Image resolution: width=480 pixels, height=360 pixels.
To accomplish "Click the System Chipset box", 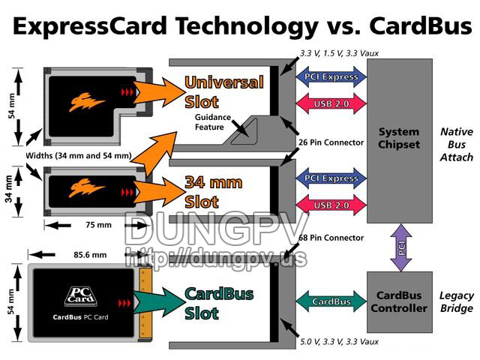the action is click(400, 141).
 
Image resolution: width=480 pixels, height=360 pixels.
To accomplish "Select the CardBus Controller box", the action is click(400, 301).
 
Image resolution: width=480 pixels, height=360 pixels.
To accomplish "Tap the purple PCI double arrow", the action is click(401, 247).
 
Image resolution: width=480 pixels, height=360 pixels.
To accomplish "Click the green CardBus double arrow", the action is click(331, 301).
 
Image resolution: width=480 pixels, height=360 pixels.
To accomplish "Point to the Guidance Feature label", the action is click(213, 122).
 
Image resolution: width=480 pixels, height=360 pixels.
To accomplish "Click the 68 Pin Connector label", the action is click(331, 238).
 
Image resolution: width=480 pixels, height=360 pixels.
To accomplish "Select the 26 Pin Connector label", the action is click(331, 142).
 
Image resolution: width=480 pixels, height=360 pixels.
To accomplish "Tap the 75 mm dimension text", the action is click(98, 225).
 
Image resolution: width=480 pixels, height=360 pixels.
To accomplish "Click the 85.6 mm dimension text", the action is click(90, 255).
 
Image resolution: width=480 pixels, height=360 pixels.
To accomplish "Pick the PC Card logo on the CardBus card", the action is click(81, 296).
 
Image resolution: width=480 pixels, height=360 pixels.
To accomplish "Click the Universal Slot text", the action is click(224, 91).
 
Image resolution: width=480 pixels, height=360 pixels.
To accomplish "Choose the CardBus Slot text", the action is click(219, 303).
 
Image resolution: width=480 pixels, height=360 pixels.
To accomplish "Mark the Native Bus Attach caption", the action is click(457, 145).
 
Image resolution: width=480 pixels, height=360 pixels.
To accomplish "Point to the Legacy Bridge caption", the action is click(457, 301).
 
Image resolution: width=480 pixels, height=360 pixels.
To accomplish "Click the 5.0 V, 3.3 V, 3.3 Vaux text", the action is click(339, 342).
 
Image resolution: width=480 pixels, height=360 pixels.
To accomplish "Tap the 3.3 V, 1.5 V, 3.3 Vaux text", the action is click(339, 53).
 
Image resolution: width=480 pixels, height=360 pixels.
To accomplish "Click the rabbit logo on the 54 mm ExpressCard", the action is click(87, 102).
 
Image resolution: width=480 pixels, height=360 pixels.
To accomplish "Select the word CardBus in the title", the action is click(421, 25).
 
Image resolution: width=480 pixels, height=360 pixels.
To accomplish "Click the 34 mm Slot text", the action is click(214, 192).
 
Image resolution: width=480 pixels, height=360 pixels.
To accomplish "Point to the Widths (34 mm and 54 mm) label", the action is click(79, 155).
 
